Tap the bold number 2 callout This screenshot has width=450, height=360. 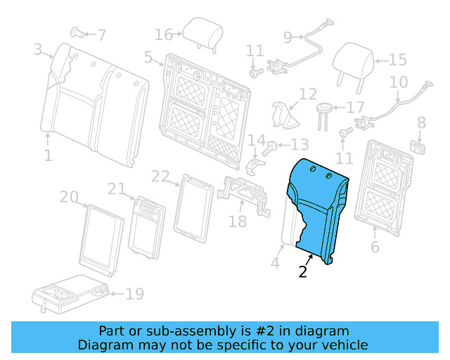click(x=303, y=272)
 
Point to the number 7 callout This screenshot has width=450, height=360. click(x=102, y=34)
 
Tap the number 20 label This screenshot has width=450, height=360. click(x=68, y=198)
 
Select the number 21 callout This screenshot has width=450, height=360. click(x=117, y=188)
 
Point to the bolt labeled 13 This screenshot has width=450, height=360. click(x=271, y=148)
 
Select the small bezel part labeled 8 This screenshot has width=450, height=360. click(x=420, y=146)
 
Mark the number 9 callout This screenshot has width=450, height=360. click(x=287, y=37)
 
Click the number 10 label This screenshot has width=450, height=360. click(x=398, y=82)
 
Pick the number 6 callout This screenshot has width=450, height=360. click(x=375, y=247)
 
